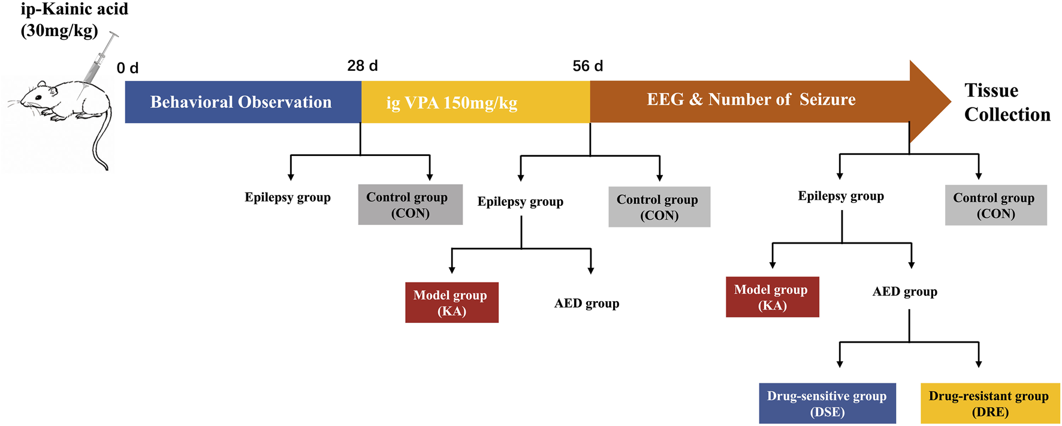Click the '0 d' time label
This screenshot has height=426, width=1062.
pos(127,68)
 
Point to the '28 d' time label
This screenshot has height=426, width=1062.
pos(362,66)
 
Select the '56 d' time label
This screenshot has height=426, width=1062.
pos(587,66)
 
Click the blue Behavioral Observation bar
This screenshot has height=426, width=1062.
pos(241,102)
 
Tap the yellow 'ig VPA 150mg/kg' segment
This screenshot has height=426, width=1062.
pos(452,103)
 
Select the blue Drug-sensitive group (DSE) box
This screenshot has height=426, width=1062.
pos(826,403)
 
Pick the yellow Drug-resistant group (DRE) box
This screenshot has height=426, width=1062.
pos(989,403)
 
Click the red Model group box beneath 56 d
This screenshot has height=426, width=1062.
pos(451,302)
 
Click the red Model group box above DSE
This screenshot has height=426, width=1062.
pos(771,297)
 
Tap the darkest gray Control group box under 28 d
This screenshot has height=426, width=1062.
pos(410,205)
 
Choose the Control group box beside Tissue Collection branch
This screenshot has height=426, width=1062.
pos(995,205)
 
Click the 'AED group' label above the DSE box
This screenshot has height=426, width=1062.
pos(904,292)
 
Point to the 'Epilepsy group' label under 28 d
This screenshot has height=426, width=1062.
pos(288,197)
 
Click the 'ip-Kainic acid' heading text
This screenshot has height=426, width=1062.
pos(74,10)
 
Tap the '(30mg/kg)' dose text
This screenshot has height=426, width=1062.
pos(59,31)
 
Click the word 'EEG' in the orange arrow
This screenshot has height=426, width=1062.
pos(665,100)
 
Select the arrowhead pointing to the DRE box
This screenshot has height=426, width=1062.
pos(978,364)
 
